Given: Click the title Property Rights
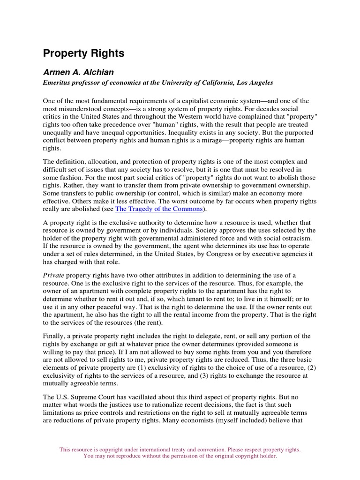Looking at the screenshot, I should [83, 53].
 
